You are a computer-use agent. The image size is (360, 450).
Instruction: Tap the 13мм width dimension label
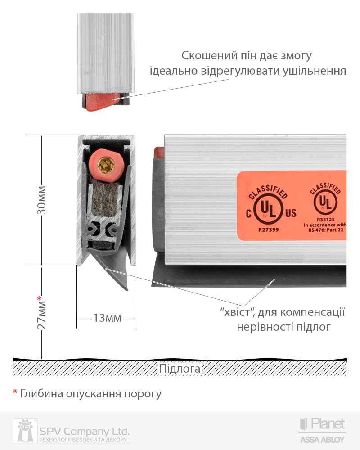click(x=107, y=318)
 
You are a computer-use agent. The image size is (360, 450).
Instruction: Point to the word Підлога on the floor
click(x=180, y=369)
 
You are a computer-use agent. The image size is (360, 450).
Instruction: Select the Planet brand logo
click(x=322, y=424)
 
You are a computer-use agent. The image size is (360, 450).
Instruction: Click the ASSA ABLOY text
click(x=322, y=440)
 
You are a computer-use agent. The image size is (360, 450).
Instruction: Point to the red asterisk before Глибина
click(x=15, y=392)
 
